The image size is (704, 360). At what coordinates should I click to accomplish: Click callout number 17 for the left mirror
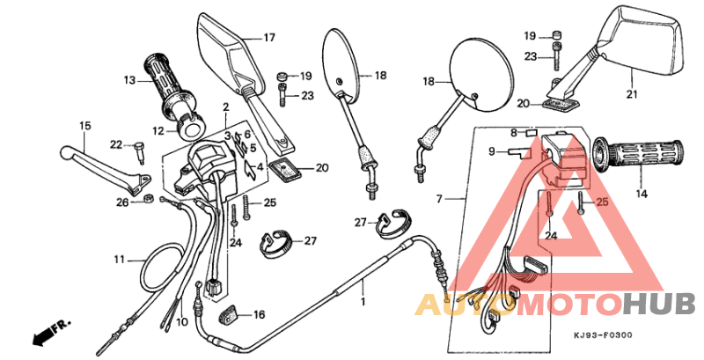[x=268, y=38]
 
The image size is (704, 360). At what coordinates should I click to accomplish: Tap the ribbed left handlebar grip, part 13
[x=170, y=85]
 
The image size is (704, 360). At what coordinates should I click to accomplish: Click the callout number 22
[x=116, y=144]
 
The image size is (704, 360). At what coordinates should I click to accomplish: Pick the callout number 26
[x=122, y=202]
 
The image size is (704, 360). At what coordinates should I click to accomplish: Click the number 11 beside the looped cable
[x=120, y=260]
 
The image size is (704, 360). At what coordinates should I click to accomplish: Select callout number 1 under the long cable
[x=361, y=300]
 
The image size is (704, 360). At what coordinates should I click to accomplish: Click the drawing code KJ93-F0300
[x=604, y=335]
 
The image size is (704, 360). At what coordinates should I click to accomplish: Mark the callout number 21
[x=630, y=95]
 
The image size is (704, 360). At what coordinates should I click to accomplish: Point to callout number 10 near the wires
[x=181, y=322]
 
